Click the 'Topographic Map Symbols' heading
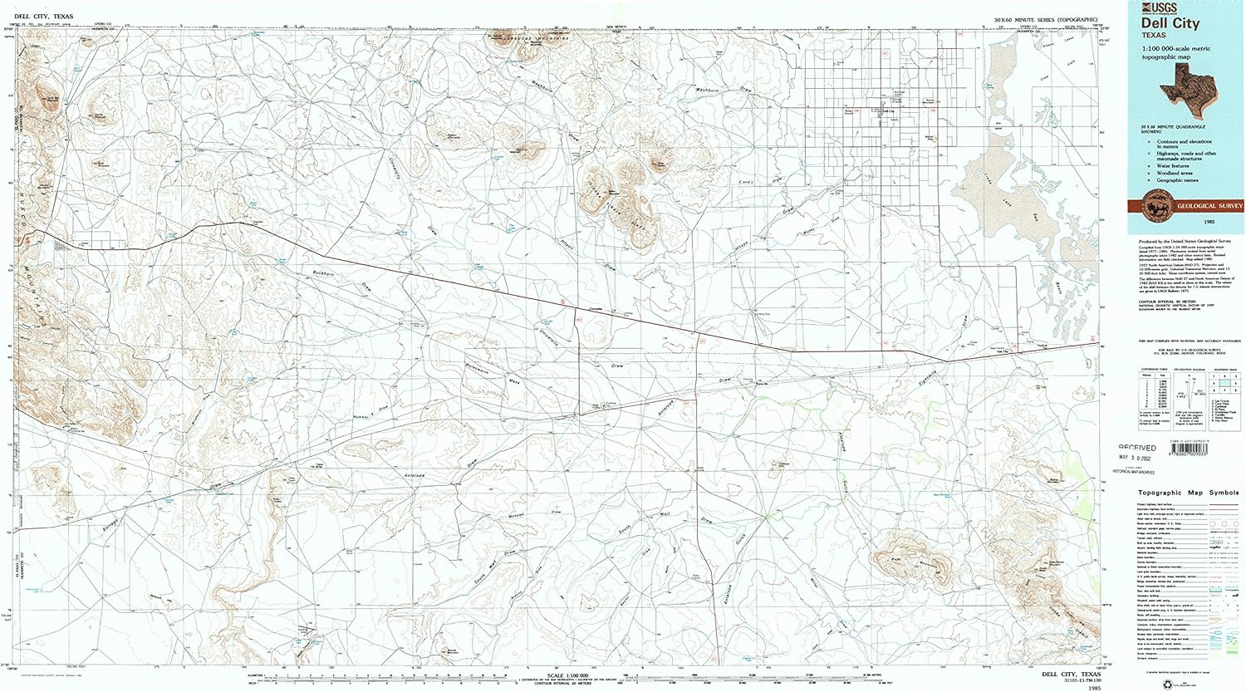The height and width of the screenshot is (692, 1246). [1188, 493]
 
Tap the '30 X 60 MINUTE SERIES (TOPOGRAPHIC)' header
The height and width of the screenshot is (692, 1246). [1047, 18]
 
